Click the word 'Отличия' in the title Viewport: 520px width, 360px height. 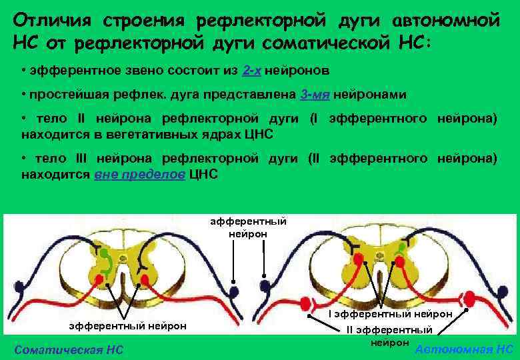[51, 20]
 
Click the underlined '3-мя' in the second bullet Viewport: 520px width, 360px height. [315, 94]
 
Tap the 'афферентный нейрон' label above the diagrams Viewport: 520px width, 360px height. [248, 227]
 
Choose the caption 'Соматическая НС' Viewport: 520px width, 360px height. [69, 350]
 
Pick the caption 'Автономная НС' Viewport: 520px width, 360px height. [464, 349]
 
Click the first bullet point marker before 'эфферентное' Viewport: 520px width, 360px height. [23, 71]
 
